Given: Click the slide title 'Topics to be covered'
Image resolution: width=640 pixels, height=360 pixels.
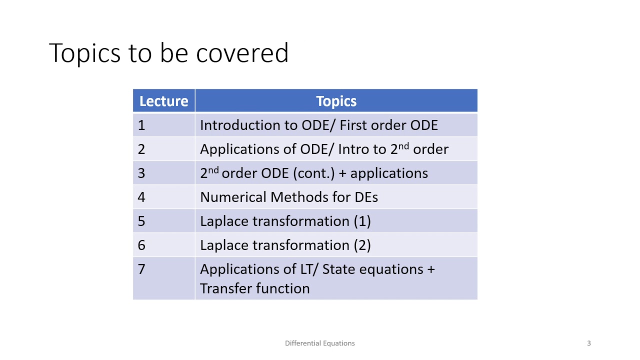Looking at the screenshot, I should click(x=168, y=53).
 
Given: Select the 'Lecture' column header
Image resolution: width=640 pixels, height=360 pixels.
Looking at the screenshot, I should click(x=163, y=101).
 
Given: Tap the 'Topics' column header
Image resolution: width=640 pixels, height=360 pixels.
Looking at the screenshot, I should click(x=336, y=101).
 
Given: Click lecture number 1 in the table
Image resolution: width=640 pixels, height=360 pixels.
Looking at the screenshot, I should click(x=141, y=125).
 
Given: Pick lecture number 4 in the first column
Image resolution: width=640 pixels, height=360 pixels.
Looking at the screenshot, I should click(x=141, y=197).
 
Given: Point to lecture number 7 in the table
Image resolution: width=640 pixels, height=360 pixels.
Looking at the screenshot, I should click(x=141, y=269).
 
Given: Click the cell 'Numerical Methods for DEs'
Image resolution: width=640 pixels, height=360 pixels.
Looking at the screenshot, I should click(x=288, y=197).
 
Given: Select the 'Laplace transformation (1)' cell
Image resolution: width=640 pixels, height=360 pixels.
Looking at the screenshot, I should click(x=285, y=221).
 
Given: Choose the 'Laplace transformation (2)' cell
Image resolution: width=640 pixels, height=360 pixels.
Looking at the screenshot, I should click(x=285, y=245).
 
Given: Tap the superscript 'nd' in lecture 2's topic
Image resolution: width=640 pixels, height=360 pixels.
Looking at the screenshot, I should click(x=403, y=146).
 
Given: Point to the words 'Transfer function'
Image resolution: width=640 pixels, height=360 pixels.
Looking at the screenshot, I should click(x=254, y=288).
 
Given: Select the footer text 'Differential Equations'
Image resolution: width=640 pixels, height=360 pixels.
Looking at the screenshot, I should click(x=319, y=343).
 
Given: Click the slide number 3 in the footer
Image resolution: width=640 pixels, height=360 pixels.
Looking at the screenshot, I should click(x=588, y=343).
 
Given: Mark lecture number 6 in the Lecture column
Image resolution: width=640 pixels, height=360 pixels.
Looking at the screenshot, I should click(x=141, y=245).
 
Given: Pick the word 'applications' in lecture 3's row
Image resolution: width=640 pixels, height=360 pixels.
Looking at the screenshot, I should click(x=389, y=173).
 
